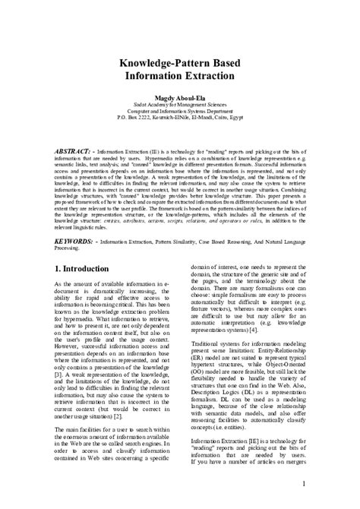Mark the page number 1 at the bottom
tap(302, 483)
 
